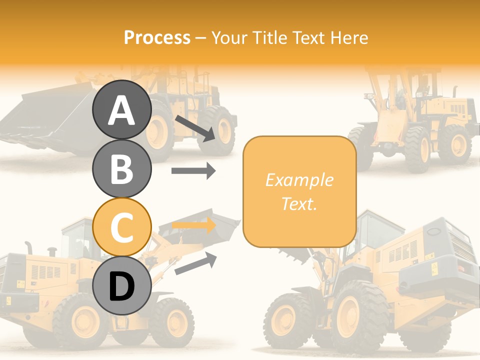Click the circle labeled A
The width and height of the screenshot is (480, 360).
[121, 109]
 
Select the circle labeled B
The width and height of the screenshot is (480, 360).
[121, 168]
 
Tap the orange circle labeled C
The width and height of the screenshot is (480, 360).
[121, 227]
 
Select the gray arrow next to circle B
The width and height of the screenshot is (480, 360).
[193, 171]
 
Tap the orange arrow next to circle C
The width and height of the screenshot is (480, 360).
[193, 225]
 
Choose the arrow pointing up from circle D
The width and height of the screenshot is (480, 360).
[195, 263]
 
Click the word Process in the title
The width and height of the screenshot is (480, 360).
[157, 37]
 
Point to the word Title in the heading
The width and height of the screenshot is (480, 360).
[269, 37]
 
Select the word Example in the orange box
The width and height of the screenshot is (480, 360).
[299, 180]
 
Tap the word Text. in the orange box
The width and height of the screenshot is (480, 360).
[299, 203]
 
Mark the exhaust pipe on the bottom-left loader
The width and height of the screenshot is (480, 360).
[29, 247]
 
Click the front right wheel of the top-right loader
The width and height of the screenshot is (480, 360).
[454, 145]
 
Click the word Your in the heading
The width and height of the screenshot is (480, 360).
[229, 37]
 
